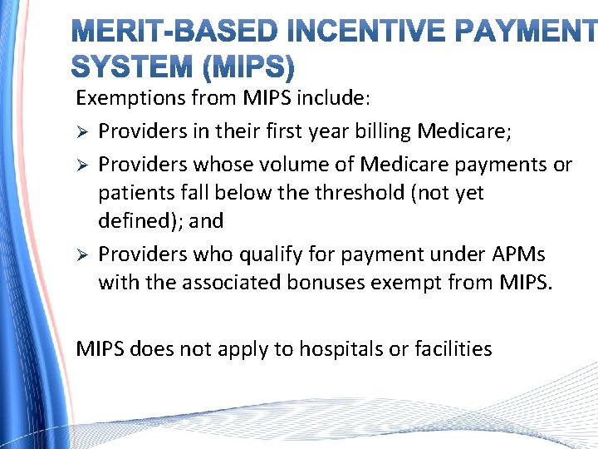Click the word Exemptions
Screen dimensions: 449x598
[x=130, y=99]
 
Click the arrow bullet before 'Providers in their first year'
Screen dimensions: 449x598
[x=81, y=131]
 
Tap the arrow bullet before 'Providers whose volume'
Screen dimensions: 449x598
[x=81, y=165]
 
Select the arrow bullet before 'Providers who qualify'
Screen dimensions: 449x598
[x=81, y=253]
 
